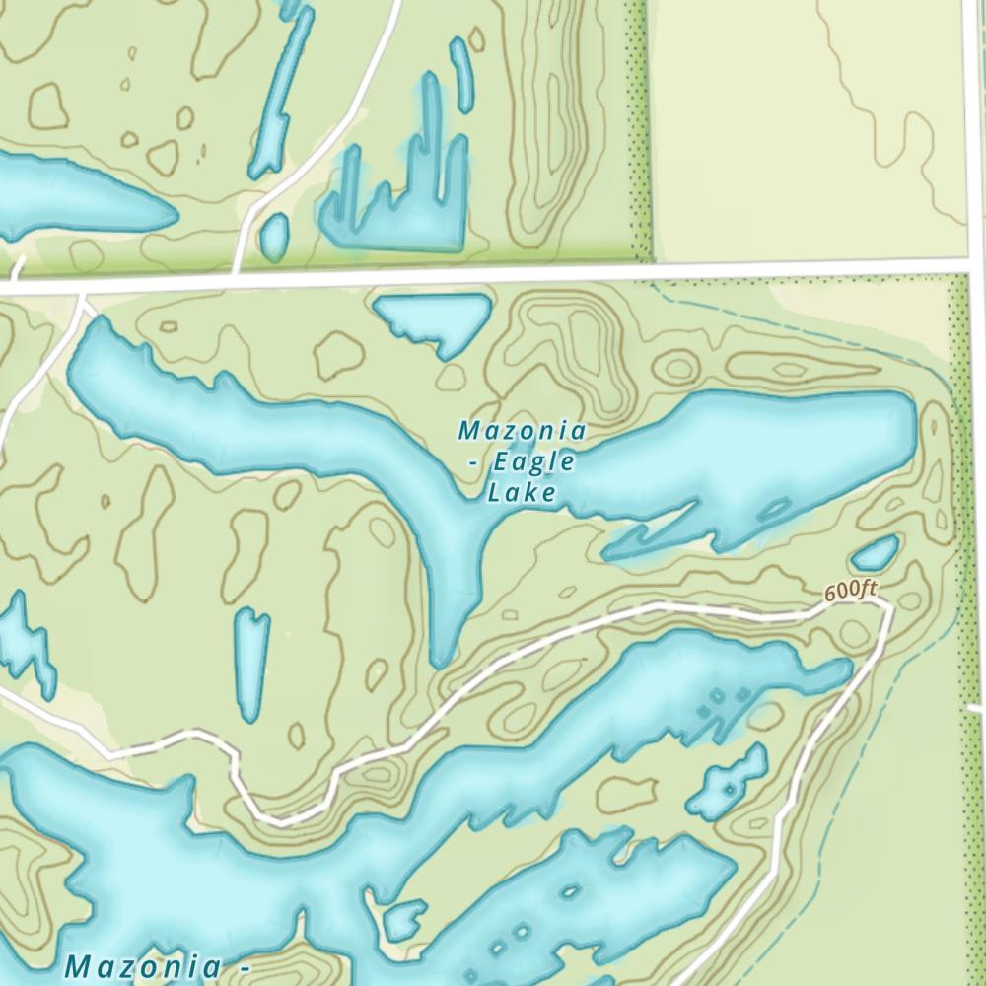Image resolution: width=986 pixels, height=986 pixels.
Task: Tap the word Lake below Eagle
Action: tap(522, 492)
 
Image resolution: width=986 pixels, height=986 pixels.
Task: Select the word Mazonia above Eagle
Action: tap(523, 431)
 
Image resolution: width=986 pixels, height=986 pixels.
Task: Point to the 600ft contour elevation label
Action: tap(850, 592)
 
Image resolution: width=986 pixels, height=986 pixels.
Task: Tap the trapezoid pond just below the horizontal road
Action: tap(435, 317)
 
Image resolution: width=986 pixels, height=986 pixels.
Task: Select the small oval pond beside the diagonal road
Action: tap(274, 236)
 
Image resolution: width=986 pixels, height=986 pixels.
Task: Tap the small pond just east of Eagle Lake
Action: tap(875, 553)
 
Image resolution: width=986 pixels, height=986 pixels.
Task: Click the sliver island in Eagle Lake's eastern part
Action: tap(772, 510)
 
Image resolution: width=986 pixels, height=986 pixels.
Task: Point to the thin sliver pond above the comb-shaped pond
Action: tap(460, 74)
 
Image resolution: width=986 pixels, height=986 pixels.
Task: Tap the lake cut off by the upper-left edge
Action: tap(69, 197)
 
